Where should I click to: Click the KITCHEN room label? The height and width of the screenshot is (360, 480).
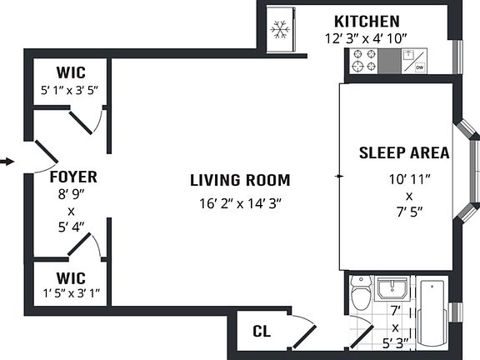coord(367,22)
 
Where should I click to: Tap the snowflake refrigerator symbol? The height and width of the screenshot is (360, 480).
coord(280,30)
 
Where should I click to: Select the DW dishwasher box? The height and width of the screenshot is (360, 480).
coord(420,67)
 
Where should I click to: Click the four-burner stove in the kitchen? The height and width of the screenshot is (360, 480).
coord(364,61)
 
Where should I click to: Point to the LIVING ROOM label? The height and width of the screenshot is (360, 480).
coord(240,180)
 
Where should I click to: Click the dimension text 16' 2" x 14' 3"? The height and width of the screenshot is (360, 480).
coord(240,203)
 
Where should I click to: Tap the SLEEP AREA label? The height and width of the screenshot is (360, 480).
coord(404,152)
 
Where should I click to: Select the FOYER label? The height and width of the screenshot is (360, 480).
coord(73,177)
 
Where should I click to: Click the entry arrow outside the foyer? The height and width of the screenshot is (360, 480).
coord(7,162)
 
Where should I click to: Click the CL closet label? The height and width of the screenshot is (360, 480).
coord(262,331)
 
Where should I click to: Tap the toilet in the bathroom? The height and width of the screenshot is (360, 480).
coord(360,292)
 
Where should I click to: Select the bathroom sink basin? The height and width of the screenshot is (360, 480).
coord(392,288)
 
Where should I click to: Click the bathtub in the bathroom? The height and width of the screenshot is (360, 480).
coord(432,313)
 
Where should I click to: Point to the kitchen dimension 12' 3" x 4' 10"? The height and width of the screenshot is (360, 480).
coord(366,39)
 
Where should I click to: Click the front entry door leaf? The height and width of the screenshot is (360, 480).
coord(46,152)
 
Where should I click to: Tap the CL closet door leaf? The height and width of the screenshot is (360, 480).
coord(304,337)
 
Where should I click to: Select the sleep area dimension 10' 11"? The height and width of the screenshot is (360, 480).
coord(410,179)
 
